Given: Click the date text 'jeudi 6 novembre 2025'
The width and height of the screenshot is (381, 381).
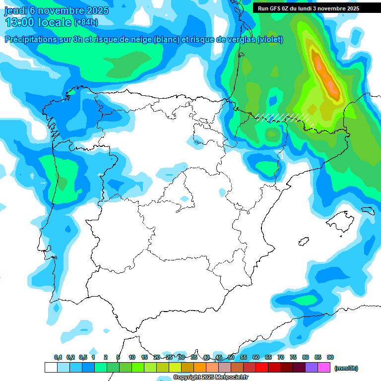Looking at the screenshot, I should [57, 10].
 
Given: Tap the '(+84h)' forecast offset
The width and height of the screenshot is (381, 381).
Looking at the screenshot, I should [86, 22].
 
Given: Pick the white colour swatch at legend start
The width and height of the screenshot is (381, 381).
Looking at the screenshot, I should [51, 368].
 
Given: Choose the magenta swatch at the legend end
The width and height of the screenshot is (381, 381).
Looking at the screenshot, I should [324, 368].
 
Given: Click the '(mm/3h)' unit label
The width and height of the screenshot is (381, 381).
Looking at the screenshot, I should [346, 368].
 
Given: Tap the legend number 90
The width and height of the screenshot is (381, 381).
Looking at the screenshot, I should [330, 357].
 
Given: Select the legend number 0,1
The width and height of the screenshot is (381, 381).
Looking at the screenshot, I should [58, 357].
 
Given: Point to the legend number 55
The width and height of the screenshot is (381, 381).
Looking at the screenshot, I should [244, 357].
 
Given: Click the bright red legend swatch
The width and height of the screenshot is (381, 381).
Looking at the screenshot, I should [262, 368].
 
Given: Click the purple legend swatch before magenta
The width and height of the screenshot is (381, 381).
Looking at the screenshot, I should [312, 368].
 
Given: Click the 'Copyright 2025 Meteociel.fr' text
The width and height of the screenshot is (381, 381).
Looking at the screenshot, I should [210, 377].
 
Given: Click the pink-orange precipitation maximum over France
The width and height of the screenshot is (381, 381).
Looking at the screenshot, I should [327, 77].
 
